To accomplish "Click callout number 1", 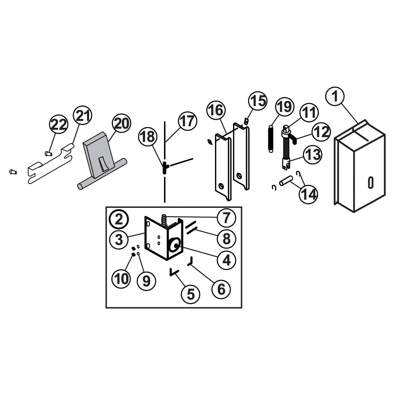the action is tap(335, 96).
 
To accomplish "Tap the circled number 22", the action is tap(59, 124).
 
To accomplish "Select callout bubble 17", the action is tap(187, 121).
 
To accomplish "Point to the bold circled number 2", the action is tap(119, 219).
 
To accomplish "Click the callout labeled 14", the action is tap(308, 194).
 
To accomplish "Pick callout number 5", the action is tap(191, 294).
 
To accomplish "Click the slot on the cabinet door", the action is tap(370, 182).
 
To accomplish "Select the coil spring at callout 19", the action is tap(271, 139).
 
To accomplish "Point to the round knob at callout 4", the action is tap(174, 245).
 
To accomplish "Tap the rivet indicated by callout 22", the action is tap(48, 153).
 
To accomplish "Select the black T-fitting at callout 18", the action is tap(165, 168).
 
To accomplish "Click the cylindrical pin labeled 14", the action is tap(286, 181).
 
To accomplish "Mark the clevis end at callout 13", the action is tap(286, 163).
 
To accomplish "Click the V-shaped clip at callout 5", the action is tap(174, 272).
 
